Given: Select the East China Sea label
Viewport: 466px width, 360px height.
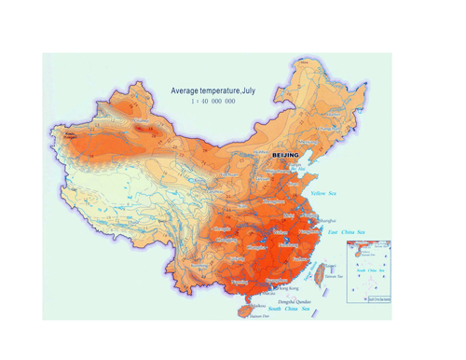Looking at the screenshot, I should pyautogui.click(x=347, y=231).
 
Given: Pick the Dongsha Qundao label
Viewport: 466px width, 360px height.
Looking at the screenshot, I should pyautogui.click(x=296, y=301).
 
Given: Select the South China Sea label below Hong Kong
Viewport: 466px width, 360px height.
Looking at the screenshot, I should pyautogui.click(x=298, y=309).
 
